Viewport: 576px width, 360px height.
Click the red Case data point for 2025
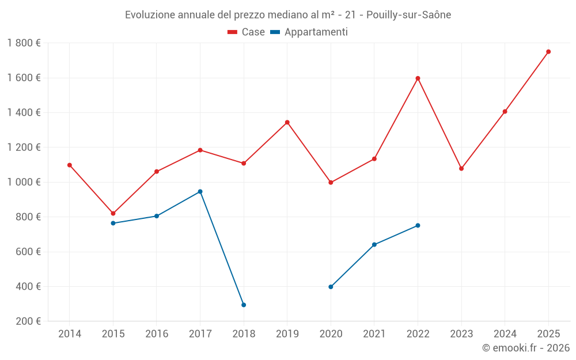pos(548,52)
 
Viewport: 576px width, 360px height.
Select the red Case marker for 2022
pos(418,78)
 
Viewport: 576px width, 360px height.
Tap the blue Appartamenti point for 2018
pos(244,305)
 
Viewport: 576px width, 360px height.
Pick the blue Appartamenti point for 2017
pos(200,191)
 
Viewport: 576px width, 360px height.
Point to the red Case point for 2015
pos(113,214)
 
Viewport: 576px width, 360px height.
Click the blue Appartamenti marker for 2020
pos(331,287)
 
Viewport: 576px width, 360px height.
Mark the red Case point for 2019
pos(287,122)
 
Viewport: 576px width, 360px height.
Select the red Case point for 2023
pos(461,169)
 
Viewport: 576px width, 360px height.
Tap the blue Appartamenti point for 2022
pos(418,225)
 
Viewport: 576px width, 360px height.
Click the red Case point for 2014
pos(70,165)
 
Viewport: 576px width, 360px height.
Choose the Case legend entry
pos(247,32)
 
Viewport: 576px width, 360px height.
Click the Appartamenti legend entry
pos(309,32)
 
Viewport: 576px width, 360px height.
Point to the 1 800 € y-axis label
pos(24,43)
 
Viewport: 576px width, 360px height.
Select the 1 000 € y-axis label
pos(24,182)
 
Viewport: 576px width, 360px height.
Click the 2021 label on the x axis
pos(374,334)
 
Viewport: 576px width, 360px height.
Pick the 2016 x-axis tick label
pos(157,334)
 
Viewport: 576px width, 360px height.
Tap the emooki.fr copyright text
pos(525,348)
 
